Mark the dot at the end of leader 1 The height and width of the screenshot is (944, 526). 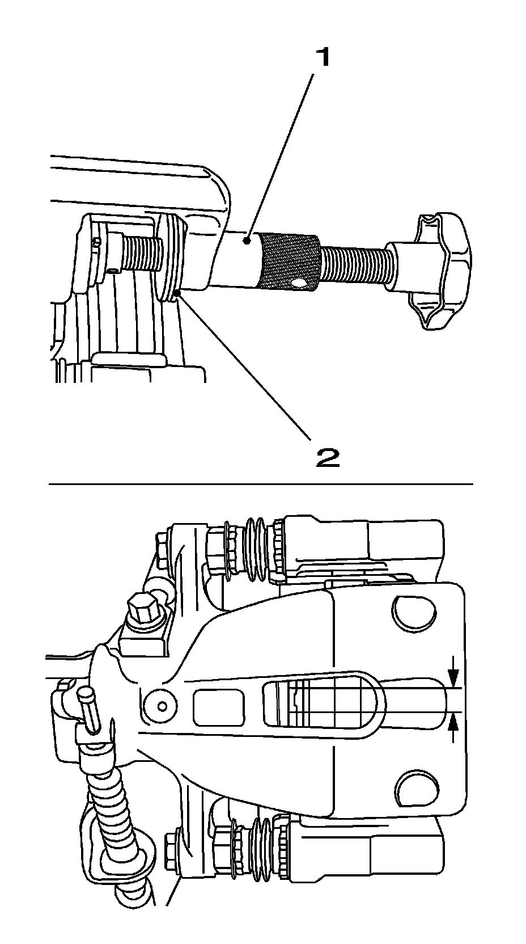click(x=247, y=242)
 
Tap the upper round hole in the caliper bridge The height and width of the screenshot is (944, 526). click(x=414, y=612)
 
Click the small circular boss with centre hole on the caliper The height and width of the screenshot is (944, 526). click(x=162, y=706)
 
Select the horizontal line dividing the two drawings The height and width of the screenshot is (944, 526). click(x=261, y=484)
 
